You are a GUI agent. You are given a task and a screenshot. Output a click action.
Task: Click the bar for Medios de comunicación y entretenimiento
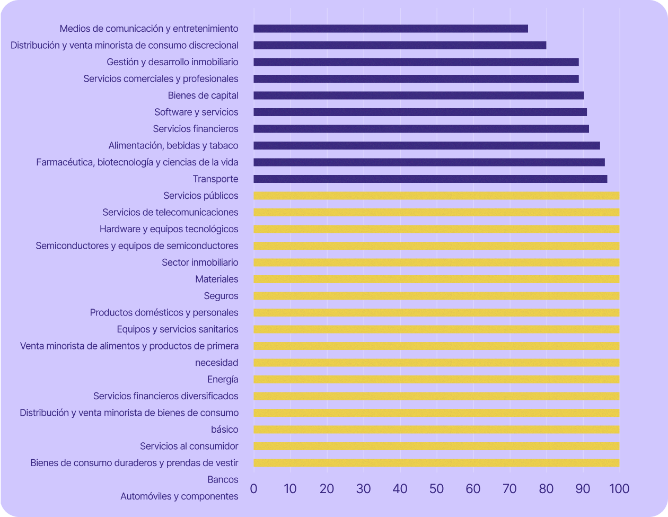click(391, 29)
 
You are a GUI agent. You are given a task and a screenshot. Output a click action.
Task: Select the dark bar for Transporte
click(430, 179)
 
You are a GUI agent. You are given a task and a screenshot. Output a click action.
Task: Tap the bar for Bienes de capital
click(419, 95)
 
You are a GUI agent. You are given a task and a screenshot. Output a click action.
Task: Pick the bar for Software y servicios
click(420, 112)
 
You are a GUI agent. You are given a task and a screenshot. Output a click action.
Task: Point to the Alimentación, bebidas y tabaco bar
click(427, 146)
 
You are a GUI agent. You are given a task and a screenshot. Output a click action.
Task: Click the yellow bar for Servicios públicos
click(436, 196)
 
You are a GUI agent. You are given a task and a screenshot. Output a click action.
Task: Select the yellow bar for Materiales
click(436, 279)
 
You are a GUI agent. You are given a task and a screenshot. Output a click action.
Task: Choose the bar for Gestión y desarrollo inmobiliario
click(416, 62)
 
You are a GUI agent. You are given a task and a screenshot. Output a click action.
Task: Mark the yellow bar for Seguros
click(436, 296)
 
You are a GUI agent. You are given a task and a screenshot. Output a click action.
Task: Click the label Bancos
click(223, 480)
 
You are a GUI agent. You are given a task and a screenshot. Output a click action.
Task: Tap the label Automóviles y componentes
click(179, 497)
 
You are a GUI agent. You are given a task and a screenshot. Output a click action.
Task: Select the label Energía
click(223, 380)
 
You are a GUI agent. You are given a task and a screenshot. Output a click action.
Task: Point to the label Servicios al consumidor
click(189, 446)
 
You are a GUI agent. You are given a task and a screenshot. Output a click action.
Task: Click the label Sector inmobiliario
click(200, 262)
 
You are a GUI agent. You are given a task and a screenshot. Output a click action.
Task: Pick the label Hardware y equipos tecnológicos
click(169, 229)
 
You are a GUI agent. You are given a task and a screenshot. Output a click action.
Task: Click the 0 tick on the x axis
click(253, 488)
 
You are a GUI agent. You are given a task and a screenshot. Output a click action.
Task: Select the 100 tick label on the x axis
click(619, 488)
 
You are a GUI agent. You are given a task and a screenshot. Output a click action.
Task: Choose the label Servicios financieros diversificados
click(166, 397)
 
